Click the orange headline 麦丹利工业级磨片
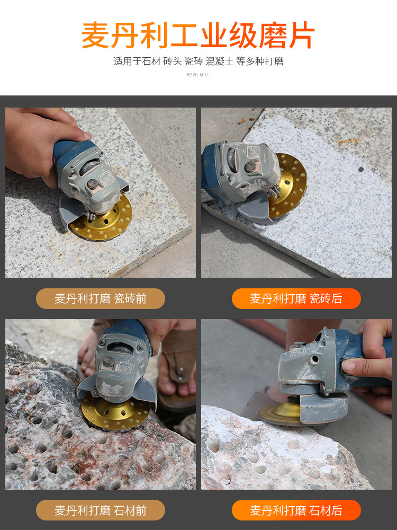click(x=198, y=35)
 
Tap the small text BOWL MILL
click(x=198, y=75)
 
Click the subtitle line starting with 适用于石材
click(x=198, y=61)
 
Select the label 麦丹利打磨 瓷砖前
click(x=100, y=298)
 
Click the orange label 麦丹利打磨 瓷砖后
click(x=296, y=298)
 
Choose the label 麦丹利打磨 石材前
click(x=100, y=510)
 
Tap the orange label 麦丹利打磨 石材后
click(x=296, y=510)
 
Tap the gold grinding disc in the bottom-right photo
click(x=279, y=412)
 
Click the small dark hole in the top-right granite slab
click(x=361, y=169)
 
